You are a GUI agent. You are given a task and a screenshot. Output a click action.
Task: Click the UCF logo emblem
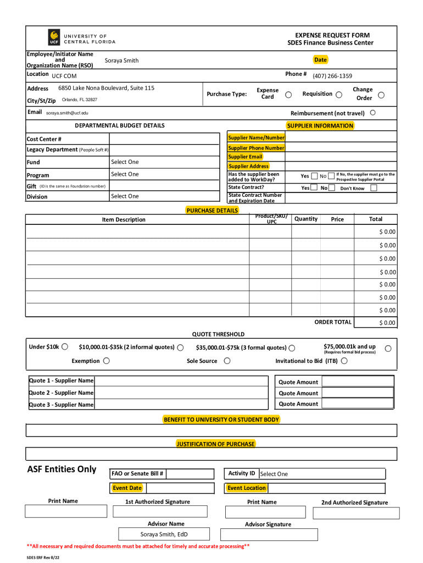(54, 37)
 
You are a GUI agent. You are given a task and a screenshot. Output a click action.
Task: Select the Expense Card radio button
(288, 95)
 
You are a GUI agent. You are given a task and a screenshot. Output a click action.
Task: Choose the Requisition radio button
(339, 95)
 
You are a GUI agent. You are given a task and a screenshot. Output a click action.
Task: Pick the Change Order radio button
(381, 95)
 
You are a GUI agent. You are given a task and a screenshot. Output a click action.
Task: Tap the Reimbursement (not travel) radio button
(373, 113)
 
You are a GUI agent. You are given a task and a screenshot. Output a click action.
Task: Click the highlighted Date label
(320, 59)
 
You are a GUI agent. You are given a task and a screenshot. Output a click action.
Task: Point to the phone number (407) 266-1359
(332, 76)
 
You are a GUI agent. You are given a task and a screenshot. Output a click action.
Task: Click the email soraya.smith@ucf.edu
(67, 113)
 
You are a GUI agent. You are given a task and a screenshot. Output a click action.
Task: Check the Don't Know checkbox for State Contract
(374, 187)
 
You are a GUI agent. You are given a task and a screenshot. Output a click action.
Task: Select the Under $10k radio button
(65, 346)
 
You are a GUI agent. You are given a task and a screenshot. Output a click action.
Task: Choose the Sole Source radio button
(227, 361)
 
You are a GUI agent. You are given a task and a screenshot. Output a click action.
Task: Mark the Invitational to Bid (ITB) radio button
(344, 361)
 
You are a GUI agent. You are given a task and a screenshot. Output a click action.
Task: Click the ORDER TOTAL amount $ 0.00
(387, 323)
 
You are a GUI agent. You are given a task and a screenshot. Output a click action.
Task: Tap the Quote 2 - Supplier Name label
(61, 393)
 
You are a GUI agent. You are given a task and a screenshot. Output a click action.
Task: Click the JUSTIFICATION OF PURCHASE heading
(215, 444)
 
